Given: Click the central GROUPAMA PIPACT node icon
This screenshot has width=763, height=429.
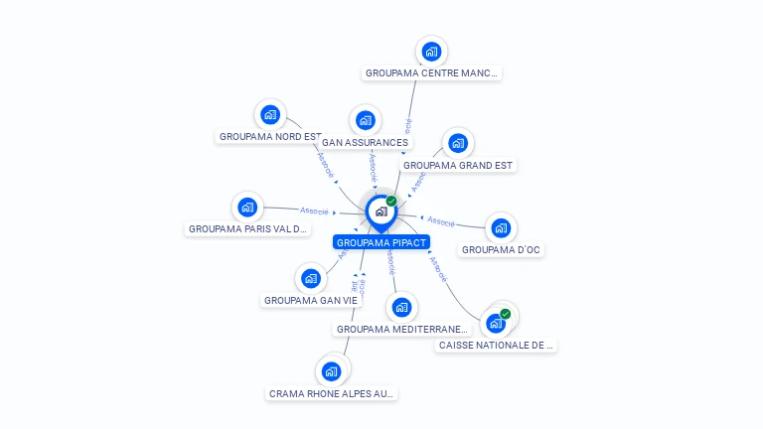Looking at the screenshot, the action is pyautogui.click(x=381, y=211).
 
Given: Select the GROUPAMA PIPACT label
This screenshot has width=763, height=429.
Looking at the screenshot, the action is pyautogui.click(x=381, y=242).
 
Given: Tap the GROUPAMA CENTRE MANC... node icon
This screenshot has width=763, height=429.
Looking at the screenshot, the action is pyautogui.click(x=431, y=51).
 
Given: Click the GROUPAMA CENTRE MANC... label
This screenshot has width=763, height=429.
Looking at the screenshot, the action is pyautogui.click(x=431, y=72).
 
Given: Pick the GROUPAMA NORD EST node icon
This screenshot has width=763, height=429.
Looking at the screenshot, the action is pyautogui.click(x=269, y=115).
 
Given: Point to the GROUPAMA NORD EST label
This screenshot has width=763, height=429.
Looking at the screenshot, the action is pyautogui.click(x=270, y=137).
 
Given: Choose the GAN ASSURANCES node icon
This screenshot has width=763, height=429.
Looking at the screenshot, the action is pyautogui.click(x=366, y=121).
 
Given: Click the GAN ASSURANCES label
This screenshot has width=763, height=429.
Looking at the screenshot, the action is pyautogui.click(x=365, y=142).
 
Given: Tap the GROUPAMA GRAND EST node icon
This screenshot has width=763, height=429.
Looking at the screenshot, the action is pyautogui.click(x=457, y=143).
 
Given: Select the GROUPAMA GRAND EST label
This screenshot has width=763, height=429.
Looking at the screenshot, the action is pyautogui.click(x=459, y=165).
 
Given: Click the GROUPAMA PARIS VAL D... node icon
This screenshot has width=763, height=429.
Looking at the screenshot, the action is pyautogui.click(x=247, y=207).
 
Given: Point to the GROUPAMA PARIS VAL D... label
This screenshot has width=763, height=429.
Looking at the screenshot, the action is pyautogui.click(x=248, y=229).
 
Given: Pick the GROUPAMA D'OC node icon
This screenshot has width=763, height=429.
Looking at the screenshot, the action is pyautogui.click(x=501, y=227).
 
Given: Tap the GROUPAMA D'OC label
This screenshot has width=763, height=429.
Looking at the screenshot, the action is pyautogui.click(x=502, y=250).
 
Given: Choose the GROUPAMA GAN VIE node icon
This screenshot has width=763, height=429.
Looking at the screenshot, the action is pyautogui.click(x=311, y=278).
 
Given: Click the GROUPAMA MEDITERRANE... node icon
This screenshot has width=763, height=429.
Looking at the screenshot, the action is pyautogui.click(x=400, y=307).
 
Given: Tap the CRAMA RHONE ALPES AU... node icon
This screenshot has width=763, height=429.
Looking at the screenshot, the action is pyautogui.click(x=332, y=371).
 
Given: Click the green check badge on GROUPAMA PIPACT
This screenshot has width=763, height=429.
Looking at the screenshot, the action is pyautogui.click(x=391, y=201).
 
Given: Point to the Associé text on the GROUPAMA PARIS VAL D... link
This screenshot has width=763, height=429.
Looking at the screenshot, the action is pyautogui.click(x=315, y=211).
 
